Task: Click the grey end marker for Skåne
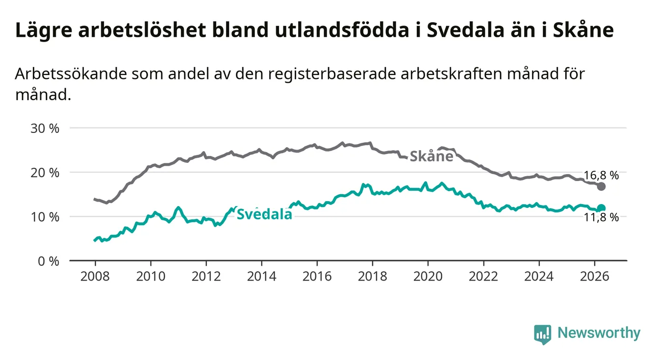601,186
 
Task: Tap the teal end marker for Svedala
601,208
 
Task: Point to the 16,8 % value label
601,175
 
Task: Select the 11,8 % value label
601,217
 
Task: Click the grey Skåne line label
431,156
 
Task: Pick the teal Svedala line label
265,214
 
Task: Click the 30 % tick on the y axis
45,129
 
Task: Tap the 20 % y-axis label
45,173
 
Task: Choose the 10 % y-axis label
45,217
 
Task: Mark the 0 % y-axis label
49,261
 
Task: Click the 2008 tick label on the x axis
95,277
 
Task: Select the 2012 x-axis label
206,277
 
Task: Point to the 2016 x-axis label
317,277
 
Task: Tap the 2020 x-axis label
428,277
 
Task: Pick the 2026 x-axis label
595,277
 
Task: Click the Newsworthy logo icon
543,334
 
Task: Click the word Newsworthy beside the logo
599,333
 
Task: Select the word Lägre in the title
44,30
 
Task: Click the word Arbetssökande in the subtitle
71,74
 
